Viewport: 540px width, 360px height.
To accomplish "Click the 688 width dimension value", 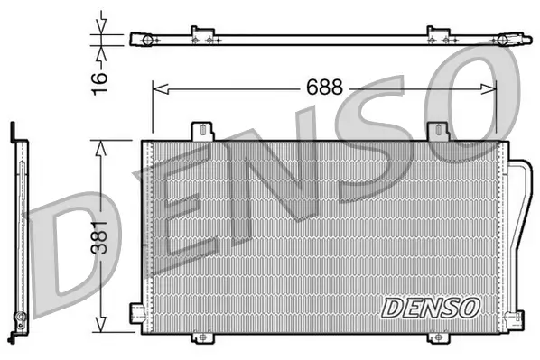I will (323, 88).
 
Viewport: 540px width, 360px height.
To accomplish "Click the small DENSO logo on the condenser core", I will (431, 307).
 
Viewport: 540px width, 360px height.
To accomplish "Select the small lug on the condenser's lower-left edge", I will (135, 312).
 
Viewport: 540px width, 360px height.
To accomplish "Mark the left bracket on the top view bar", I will (202, 35).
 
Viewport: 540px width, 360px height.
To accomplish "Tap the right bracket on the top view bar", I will (438, 35).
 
